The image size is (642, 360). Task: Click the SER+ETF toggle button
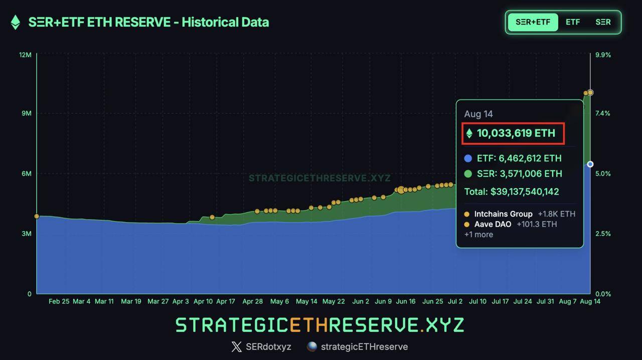(533, 22)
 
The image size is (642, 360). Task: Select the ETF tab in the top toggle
(573, 22)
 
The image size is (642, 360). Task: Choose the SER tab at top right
(603, 22)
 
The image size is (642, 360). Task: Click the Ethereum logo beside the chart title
(16, 22)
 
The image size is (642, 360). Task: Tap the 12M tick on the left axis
(25, 54)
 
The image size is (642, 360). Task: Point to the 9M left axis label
(26, 113)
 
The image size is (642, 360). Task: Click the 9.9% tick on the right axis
(602, 55)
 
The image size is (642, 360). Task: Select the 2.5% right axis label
(602, 234)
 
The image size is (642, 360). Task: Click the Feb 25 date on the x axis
(59, 301)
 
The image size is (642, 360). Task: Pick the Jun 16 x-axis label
(406, 301)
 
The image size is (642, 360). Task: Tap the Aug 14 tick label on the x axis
(590, 301)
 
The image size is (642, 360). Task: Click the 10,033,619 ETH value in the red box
(516, 133)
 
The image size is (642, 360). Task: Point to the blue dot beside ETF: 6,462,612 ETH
(468, 158)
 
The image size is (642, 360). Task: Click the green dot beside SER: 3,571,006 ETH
(468, 174)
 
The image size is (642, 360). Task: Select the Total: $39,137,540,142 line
(512, 192)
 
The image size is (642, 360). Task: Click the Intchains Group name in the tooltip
(503, 214)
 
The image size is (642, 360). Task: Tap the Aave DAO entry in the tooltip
(493, 224)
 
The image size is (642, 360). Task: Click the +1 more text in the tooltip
(478, 235)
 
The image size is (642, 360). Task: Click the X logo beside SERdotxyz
(236, 346)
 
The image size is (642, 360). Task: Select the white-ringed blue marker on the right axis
(590, 164)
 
